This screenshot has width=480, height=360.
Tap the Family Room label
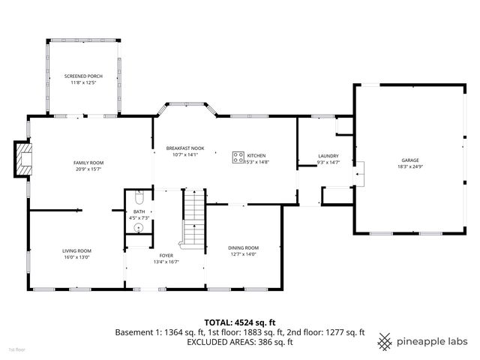(88, 163)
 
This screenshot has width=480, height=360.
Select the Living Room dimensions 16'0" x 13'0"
(76, 256)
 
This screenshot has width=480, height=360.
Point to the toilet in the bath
(139, 198)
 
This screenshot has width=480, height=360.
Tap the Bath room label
(139, 211)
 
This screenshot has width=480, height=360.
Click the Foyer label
(166, 256)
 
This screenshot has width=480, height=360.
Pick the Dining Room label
(243, 247)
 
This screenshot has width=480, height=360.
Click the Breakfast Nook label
(184, 149)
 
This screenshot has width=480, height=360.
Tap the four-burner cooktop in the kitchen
(238, 157)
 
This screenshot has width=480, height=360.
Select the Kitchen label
(257, 155)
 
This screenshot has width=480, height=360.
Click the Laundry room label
(328, 156)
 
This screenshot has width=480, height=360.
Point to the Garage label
(409, 160)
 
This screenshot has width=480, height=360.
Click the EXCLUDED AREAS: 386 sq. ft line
(239, 342)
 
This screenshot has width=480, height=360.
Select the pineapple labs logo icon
(385, 340)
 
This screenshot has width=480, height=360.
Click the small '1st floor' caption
(16, 349)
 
